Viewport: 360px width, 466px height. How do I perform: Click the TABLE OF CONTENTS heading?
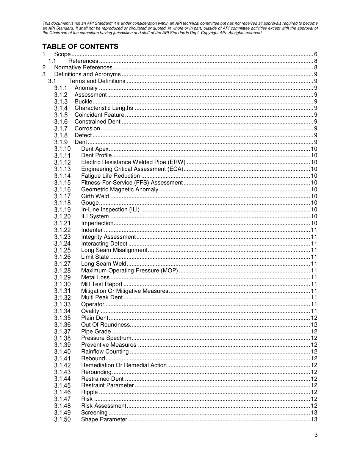(80, 47)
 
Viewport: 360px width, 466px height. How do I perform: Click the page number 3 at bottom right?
(316, 435)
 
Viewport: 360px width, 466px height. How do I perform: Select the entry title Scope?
(62, 54)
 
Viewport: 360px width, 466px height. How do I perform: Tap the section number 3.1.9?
(61, 142)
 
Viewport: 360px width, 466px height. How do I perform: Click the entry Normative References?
(83, 67)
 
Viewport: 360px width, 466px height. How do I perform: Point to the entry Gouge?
(90, 203)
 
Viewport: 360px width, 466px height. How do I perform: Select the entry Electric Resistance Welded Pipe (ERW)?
(133, 162)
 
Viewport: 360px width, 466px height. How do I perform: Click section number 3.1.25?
(62, 250)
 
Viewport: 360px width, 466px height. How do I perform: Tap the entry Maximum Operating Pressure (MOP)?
(129, 271)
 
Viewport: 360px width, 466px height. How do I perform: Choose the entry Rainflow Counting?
(105, 352)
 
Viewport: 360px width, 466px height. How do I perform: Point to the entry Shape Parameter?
(104, 419)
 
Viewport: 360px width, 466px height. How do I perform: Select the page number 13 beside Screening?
(314, 413)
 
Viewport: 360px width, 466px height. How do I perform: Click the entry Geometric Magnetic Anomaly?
(120, 189)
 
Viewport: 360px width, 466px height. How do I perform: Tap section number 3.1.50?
(62, 419)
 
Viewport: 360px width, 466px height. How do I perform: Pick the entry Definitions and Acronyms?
(87, 74)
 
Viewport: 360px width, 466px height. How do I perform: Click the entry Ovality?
(90, 311)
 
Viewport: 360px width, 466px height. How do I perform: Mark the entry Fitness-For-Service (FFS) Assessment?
(132, 183)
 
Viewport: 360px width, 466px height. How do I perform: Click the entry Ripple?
(89, 392)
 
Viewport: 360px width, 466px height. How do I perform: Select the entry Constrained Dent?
(97, 122)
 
